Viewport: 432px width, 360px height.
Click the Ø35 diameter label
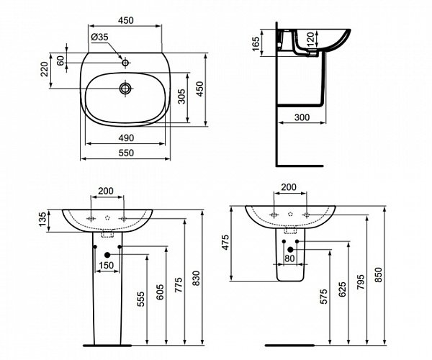(99, 37)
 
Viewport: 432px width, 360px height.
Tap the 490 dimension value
(126, 138)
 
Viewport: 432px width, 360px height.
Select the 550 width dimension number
(126, 153)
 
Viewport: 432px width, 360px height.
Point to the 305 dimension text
(181, 96)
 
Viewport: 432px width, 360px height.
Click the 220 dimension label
(45, 69)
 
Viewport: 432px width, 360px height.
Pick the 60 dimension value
(60, 60)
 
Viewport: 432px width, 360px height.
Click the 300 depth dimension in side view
(302, 117)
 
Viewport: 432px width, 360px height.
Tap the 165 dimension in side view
(256, 44)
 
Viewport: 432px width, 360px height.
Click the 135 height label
(42, 220)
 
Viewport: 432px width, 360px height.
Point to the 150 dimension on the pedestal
(106, 265)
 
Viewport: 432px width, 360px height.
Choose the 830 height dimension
(196, 278)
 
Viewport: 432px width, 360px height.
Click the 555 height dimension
(140, 299)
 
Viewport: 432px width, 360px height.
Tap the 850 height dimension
(379, 275)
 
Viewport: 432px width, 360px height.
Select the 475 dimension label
(225, 243)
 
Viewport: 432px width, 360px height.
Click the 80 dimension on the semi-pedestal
(289, 258)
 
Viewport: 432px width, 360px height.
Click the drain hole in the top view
(125, 89)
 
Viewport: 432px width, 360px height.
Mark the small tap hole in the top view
(125, 63)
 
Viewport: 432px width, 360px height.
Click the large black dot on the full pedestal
(107, 255)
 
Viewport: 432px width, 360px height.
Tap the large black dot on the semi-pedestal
(290, 250)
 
